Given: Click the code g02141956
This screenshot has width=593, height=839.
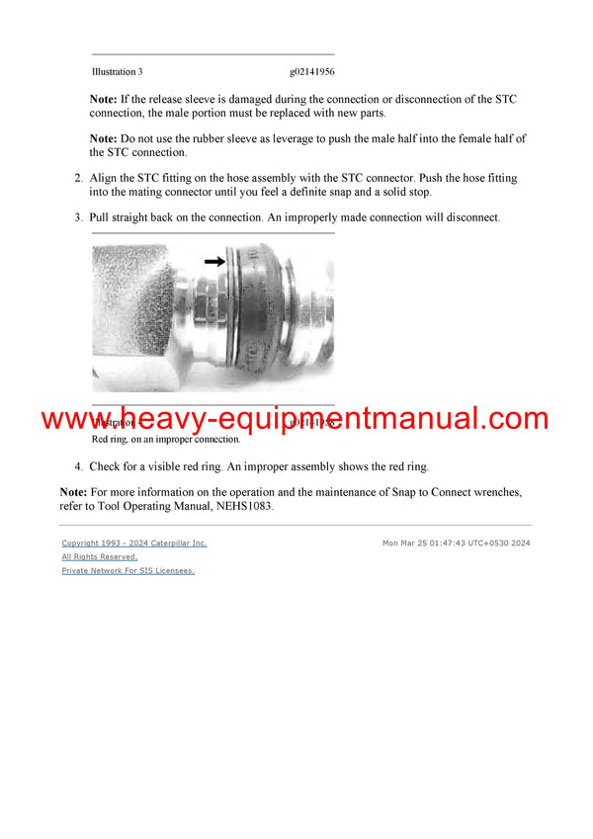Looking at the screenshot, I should click(312, 72).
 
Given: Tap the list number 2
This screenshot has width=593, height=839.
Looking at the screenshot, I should click(79, 179).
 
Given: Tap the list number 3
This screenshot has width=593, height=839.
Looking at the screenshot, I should click(79, 216).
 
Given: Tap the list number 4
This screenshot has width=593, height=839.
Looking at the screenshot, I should click(79, 466).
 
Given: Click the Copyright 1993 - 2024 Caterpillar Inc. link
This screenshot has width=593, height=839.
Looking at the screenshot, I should click(134, 544).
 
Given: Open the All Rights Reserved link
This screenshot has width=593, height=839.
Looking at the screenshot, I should click(100, 557).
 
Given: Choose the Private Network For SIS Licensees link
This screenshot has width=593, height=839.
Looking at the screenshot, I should click(128, 571).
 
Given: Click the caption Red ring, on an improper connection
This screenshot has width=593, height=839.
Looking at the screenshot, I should click(166, 439).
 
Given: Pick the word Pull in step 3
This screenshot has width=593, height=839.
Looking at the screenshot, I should click(101, 216).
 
